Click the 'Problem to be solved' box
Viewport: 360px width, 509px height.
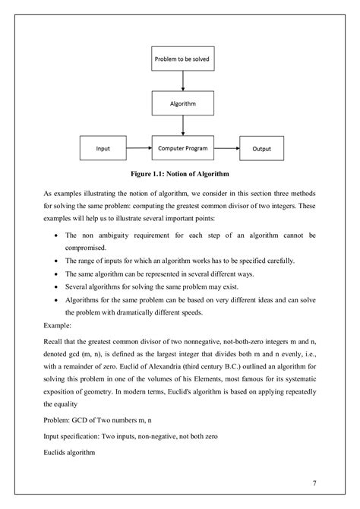pyautogui.click(x=182, y=58)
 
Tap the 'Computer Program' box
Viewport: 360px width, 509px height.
pyautogui.click(x=182, y=148)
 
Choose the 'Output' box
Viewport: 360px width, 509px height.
pyautogui.click(x=261, y=148)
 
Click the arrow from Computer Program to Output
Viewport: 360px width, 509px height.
pyautogui.click(x=226, y=148)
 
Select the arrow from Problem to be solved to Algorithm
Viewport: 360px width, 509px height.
pyautogui.click(x=182, y=79)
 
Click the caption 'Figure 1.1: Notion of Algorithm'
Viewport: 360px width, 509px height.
pyautogui.click(x=181, y=173)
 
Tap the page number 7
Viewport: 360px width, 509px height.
pyautogui.click(x=314, y=483)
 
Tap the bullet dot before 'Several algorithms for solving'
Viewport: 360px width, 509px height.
pyautogui.click(x=58, y=288)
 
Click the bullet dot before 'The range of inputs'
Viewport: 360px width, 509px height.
pyautogui.click(x=58, y=261)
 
